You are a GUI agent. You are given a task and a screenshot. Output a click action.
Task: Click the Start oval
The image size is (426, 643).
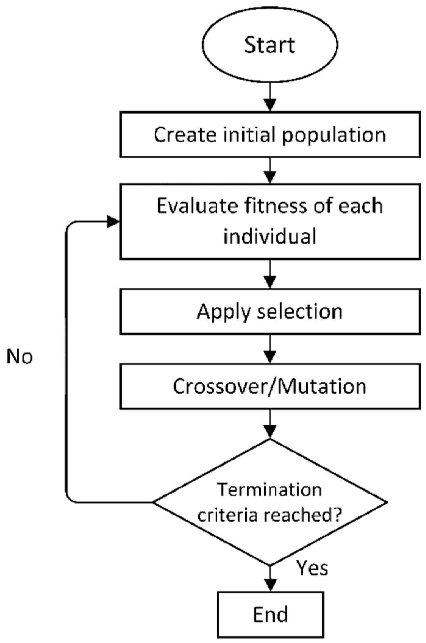point(270,45)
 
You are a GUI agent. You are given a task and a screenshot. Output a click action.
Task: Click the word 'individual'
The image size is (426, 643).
point(270,237)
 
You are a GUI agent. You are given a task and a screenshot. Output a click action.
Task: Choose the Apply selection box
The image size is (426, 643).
point(270,311)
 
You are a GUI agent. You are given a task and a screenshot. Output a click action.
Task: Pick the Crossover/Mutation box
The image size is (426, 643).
point(270,386)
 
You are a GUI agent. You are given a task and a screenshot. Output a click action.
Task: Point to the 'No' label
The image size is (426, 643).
point(20,356)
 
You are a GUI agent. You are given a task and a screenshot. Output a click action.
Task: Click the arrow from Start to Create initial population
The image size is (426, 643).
point(270,98)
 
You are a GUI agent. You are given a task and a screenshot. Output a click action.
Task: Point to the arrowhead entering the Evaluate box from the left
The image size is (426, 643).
point(113,222)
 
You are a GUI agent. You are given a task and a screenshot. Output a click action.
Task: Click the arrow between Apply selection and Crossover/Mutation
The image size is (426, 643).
point(270,349)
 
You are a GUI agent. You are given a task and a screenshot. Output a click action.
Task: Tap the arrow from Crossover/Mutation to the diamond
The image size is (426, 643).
point(270,424)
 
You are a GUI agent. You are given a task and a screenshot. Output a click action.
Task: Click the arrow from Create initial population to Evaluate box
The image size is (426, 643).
point(270,171)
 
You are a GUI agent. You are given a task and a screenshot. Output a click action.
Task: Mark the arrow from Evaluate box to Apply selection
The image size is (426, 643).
point(270,274)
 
